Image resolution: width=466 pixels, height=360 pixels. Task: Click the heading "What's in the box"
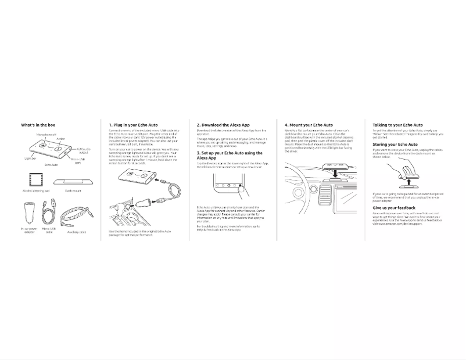[38, 125]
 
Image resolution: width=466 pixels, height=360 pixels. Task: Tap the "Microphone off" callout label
[46, 135]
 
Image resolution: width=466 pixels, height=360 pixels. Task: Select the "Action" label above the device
[61, 139]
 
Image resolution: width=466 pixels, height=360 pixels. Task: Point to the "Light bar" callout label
[30, 158]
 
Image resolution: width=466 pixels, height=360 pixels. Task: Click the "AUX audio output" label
[84, 150]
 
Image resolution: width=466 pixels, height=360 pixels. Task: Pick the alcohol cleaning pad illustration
[35, 180]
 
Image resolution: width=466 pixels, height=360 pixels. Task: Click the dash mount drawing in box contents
[73, 182]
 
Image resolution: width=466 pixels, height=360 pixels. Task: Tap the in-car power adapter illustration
[29, 213]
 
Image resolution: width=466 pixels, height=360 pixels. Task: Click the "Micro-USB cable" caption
[49, 230]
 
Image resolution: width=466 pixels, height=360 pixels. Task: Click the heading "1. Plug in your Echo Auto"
[133, 125]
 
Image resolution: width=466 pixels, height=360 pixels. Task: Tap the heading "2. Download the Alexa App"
[223, 125]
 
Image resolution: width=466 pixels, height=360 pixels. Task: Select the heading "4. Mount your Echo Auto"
[309, 125]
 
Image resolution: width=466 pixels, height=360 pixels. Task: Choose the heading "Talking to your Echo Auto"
[397, 125]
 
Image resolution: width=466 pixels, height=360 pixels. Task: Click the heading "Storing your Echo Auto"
[395, 145]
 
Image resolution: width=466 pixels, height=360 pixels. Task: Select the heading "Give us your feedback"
[394, 208]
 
